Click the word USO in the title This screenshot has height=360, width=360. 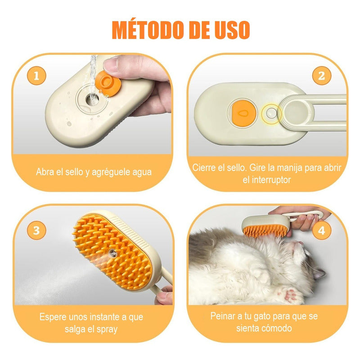[x=232, y=30]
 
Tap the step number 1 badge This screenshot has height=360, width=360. [x=36, y=76]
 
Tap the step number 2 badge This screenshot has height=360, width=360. [x=322, y=76]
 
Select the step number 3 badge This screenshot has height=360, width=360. [x=36, y=230]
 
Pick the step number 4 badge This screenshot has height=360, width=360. [x=322, y=230]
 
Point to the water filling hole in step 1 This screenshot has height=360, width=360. [x=92, y=99]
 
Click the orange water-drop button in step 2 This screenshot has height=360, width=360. [x=242, y=113]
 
